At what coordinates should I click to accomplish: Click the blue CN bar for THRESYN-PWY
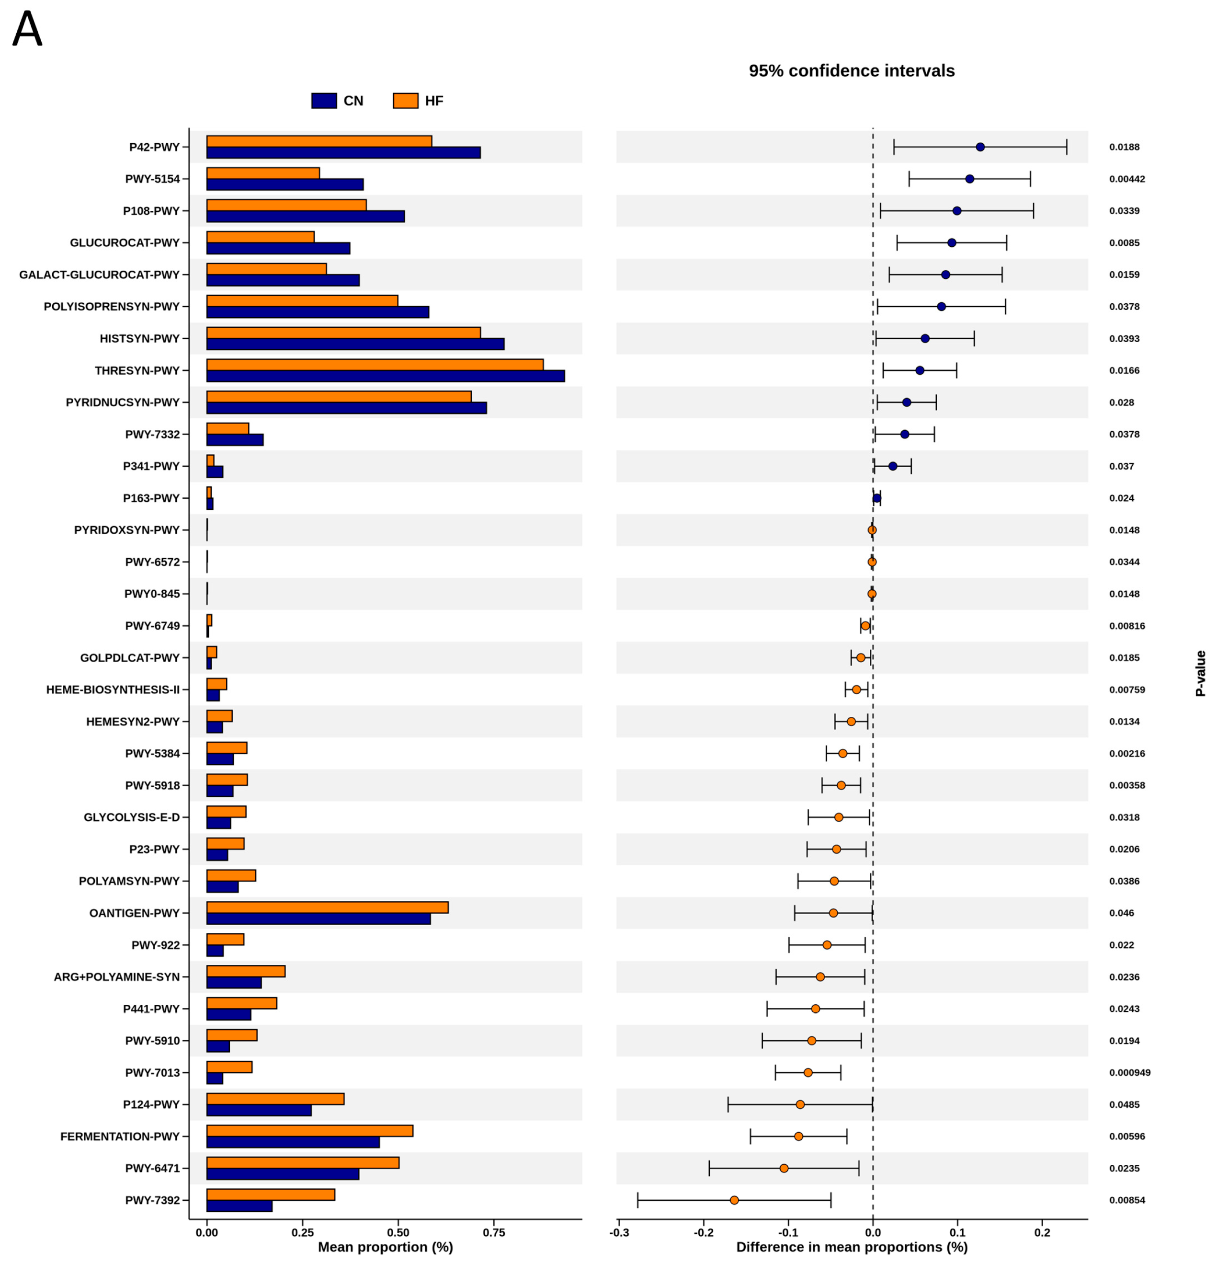(x=385, y=376)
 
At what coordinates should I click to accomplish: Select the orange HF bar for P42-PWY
(x=319, y=141)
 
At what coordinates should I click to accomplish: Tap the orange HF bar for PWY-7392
(x=271, y=1194)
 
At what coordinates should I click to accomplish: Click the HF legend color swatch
(x=405, y=101)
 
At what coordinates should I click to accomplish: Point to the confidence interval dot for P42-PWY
(x=980, y=147)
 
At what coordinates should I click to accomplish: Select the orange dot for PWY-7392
(x=734, y=1200)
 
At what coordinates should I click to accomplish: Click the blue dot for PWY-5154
(x=969, y=179)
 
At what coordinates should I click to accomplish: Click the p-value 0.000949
(x=1129, y=1072)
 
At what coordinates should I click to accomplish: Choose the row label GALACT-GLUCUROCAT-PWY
(x=99, y=275)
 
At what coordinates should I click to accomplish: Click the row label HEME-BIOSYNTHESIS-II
(x=113, y=689)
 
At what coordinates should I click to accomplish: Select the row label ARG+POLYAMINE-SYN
(x=116, y=977)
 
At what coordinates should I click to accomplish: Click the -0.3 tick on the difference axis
(x=619, y=1232)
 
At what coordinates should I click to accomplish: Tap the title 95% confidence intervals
(x=851, y=71)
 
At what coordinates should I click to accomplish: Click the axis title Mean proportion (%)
(x=385, y=1247)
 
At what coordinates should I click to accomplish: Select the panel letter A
(x=27, y=29)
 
